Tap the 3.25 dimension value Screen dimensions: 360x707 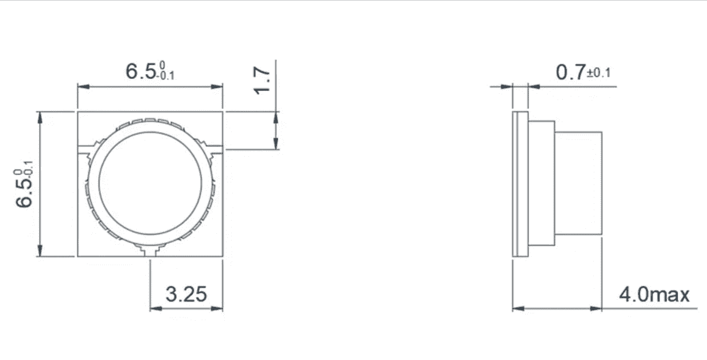coord(186,294)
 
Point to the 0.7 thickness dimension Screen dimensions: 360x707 coord(570,72)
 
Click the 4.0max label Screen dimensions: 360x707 coord(654,295)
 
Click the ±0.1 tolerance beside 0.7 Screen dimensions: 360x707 coord(599,73)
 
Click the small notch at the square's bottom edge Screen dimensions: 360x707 coord(150,253)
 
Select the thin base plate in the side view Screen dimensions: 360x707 coord(520,184)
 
